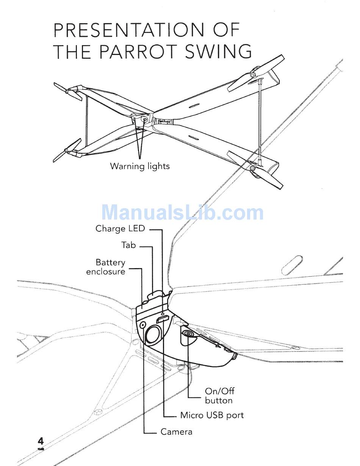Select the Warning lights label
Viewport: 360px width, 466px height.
(x=140, y=166)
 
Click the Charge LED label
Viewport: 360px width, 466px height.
(x=120, y=229)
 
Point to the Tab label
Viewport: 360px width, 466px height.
(x=128, y=245)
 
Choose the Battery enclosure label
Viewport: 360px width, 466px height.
(x=106, y=267)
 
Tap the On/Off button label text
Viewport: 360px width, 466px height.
(x=219, y=395)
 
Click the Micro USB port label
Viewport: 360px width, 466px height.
(x=212, y=415)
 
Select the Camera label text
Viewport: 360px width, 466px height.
(x=176, y=431)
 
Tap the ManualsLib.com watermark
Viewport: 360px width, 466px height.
(x=182, y=212)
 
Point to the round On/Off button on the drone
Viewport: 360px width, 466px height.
(x=188, y=334)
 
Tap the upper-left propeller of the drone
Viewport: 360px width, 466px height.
(x=68, y=91)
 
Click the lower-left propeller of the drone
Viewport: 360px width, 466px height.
(x=67, y=151)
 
